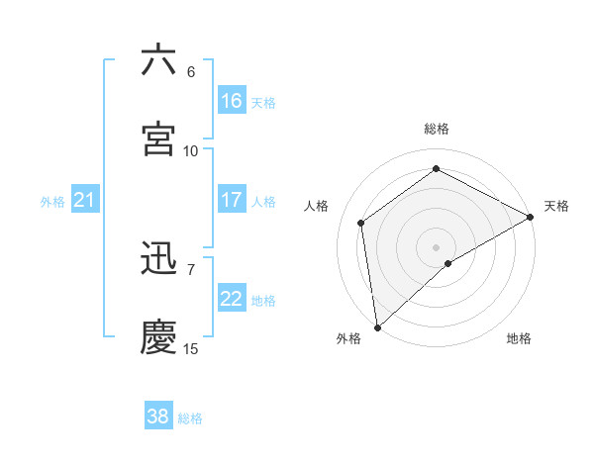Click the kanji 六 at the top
click(158, 60)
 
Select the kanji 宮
click(158, 139)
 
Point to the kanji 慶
click(158, 336)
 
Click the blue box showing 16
click(231, 101)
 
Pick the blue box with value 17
click(231, 200)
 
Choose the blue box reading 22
click(231, 299)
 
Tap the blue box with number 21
click(84, 201)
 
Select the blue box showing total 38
click(158, 417)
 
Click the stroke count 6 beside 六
click(191, 72)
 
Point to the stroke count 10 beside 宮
click(191, 150)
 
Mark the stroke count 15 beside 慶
click(191, 348)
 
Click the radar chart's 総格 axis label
click(437, 129)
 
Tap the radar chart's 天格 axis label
click(556, 206)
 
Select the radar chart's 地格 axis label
click(519, 338)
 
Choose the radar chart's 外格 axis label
click(348, 338)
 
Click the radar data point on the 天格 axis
click(531, 217)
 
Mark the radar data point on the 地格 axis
click(448, 263)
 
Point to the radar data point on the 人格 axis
click(361, 223)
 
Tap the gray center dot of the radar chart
click(437, 246)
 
